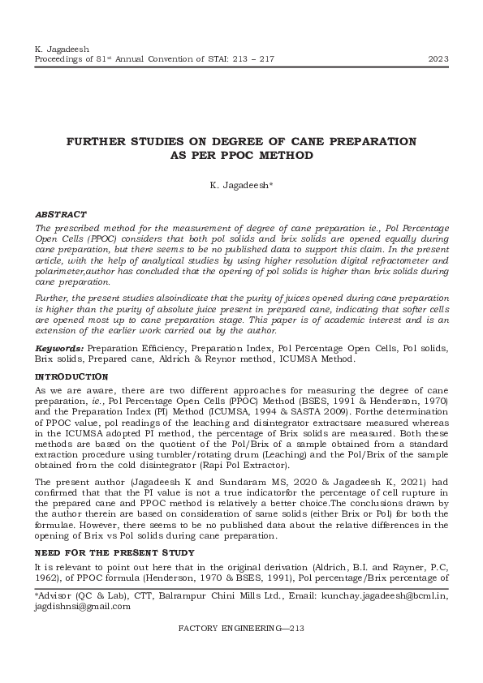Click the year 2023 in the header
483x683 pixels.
tap(439, 59)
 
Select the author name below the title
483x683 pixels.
tap(241, 186)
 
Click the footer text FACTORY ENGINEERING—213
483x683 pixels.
tap(240, 628)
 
